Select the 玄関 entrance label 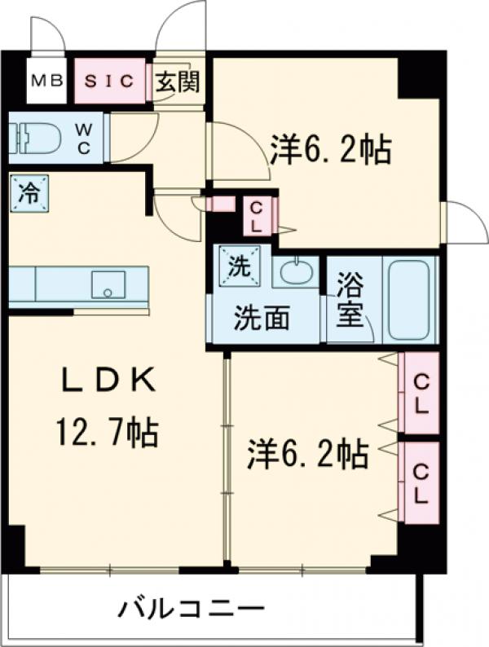tap(177, 81)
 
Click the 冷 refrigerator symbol tap(29, 193)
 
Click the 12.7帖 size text tap(106, 431)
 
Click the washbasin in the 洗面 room tap(293, 271)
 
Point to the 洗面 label tap(262, 317)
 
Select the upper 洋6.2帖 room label tap(329, 149)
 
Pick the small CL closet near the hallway tap(255, 216)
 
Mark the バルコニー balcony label tap(192, 609)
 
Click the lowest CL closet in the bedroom tap(421, 483)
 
